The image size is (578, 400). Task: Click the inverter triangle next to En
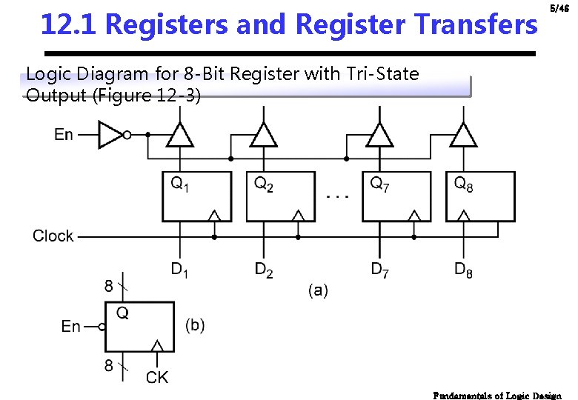111,135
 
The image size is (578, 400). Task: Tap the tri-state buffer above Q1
179,136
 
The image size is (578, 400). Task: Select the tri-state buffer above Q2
263,136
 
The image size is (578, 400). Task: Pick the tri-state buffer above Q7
379,136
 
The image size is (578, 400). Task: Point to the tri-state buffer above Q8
463,136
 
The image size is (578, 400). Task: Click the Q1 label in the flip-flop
180,183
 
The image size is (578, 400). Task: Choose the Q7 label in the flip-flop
380,183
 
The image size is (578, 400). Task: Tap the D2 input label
264,270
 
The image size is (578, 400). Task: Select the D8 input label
464,270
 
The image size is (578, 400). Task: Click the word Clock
53,236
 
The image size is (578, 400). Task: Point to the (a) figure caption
318,290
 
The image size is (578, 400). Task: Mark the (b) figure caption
194,325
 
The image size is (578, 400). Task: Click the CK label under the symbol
157,378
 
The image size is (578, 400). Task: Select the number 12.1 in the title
70,24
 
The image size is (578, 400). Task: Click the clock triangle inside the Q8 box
464,215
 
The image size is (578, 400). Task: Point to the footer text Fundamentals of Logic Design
497,395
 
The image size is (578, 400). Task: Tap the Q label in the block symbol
122,313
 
